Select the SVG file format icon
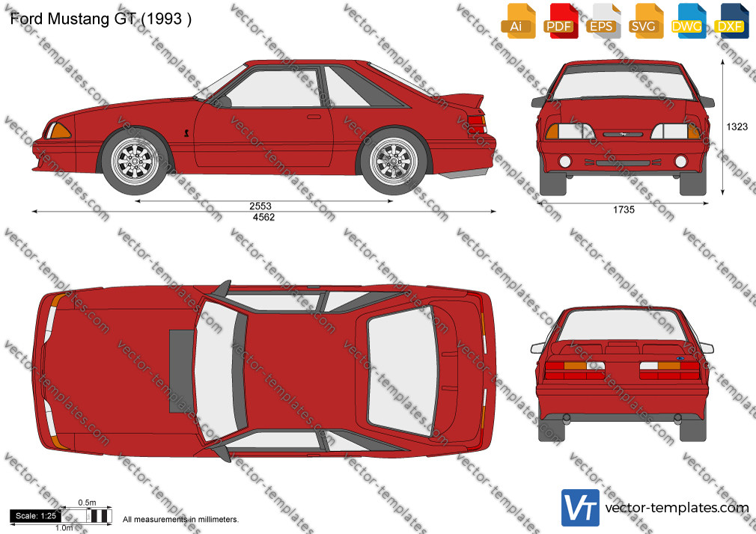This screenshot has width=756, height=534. tap(645, 21)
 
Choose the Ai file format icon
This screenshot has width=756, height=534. tap(518, 21)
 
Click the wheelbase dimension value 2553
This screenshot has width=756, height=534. tap(260, 206)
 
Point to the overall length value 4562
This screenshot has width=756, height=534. tap(263, 218)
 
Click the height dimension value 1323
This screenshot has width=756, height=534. tap(737, 126)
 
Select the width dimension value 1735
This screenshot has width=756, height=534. tap(624, 209)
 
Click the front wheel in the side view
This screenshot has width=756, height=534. tap(135, 161)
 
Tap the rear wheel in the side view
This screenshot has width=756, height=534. tap(394, 161)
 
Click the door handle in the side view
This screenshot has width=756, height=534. tap(314, 117)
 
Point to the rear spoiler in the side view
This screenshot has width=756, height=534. tap(463, 100)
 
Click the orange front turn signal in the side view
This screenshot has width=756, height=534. tap(59, 131)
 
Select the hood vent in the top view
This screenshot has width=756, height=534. tap(181, 371)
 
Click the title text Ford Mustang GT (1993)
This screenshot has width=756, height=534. tap(101, 19)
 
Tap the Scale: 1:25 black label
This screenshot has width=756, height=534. tap(36, 516)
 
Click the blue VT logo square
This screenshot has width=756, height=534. tap(580, 508)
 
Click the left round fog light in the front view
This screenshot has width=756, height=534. tap(564, 161)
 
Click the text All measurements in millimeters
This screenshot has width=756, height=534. tap(181, 520)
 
